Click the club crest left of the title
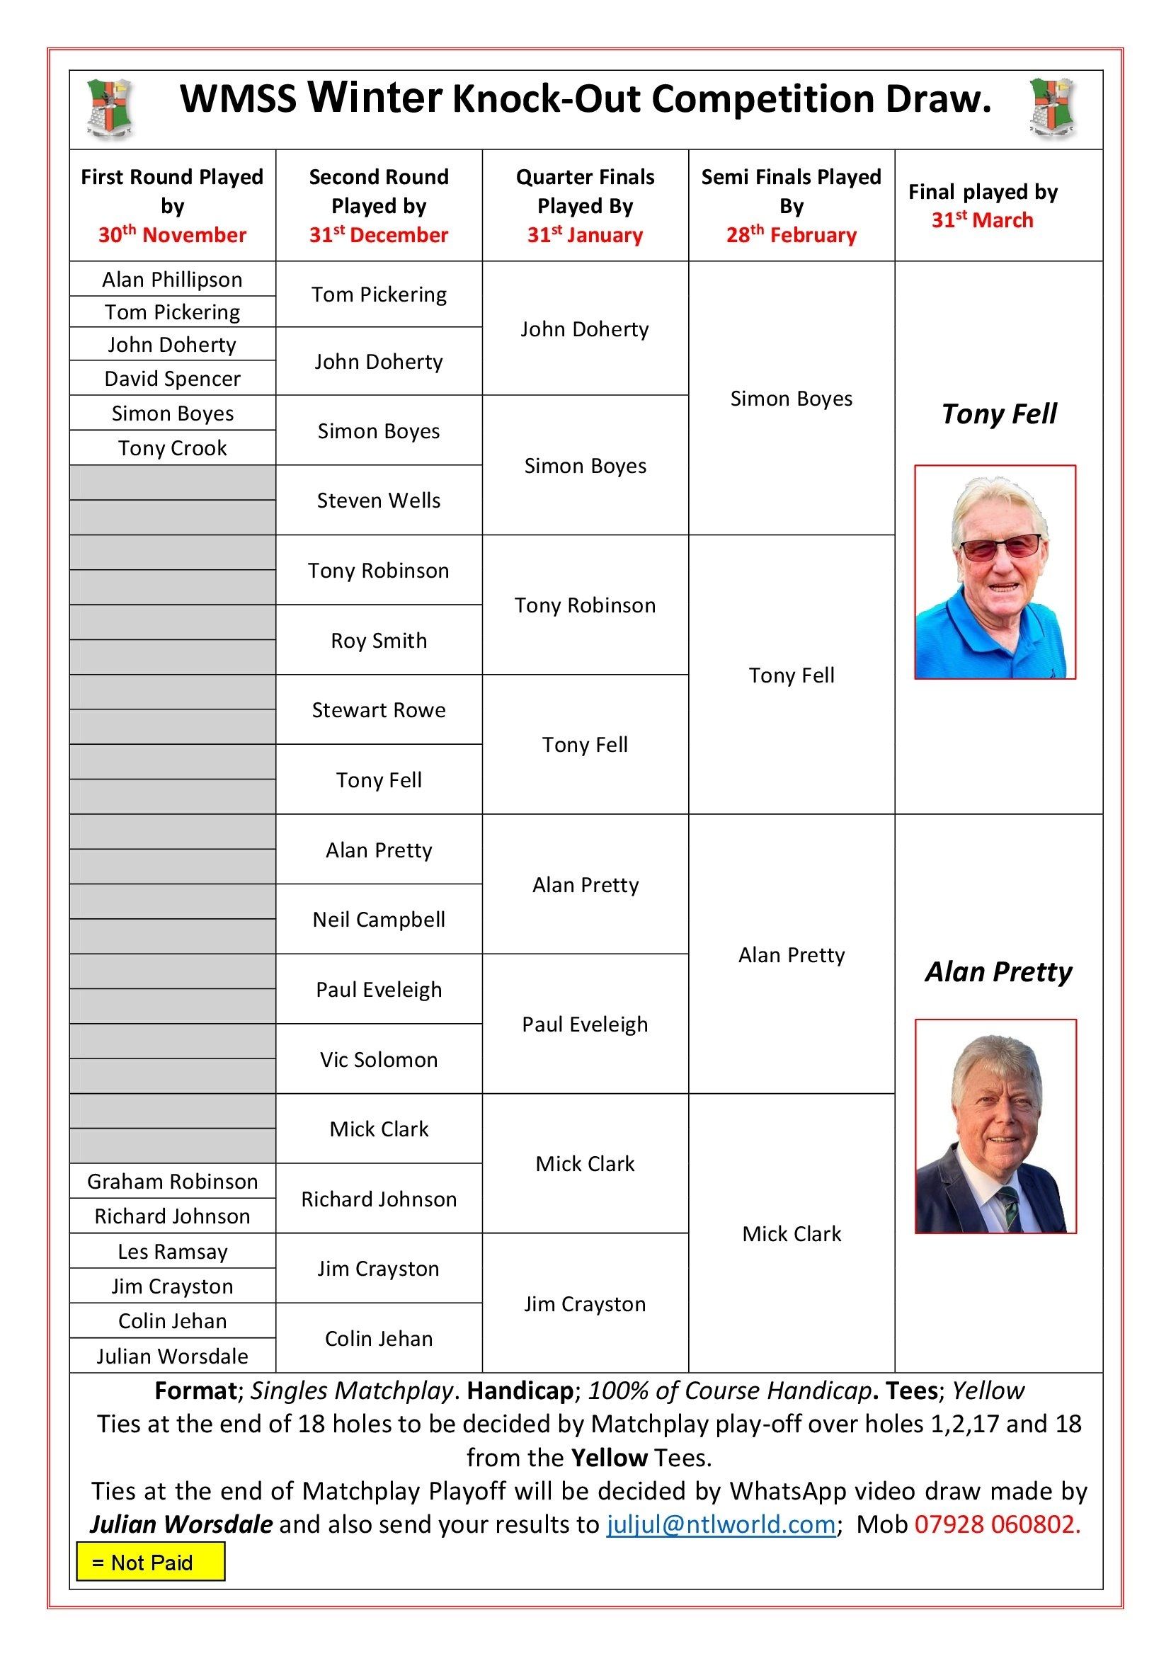click(x=110, y=108)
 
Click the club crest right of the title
click(x=1052, y=108)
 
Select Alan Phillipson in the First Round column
click(x=172, y=279)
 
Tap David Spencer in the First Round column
click(x=172, y=379)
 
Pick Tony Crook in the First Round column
click(x=172, y=448)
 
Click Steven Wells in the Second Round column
click(x=379, y=501)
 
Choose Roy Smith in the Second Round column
click(x=379, y=641)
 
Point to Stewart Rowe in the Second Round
click(x=379, y=710)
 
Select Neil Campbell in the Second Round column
click(x=379, y=920)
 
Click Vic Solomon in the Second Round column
click(x=379, y=1060)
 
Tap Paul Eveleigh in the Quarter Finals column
click(x=585, y=1024)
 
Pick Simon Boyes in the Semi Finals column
click(x=791, y=399)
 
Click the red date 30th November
click(x=172, y=234)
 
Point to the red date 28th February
click(x=791, y=234)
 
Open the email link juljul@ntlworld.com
click(x=720, y=1524)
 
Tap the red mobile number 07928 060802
click(x=998, y=1524)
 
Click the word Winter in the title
click(x=375, y=98)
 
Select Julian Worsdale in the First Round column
click(x=172, y=1356)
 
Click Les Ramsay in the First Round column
click(x=172, y=1251)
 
